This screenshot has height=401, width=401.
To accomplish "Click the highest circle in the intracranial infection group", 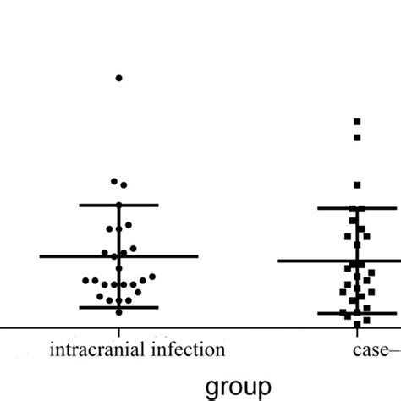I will [x=118, y=78].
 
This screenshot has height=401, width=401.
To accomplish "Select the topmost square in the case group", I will [x=357, y=122].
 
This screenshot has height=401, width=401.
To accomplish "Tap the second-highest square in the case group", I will [x=357, y=137].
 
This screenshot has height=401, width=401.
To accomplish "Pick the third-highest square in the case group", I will [x=357, y=184].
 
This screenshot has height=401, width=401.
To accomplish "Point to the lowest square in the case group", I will [x=357, y=323].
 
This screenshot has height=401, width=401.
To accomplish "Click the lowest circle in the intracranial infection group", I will [x=118, y=312].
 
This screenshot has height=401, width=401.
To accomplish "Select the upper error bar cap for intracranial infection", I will [x=118, y=205].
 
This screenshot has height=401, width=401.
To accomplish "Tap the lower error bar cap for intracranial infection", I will [x=118, y=307].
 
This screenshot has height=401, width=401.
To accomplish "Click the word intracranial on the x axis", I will [x=88, y=349].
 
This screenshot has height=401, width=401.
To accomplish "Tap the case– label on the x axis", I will [x=372, y=349].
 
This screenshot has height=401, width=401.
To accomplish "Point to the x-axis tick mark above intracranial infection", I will [x=118, y=332].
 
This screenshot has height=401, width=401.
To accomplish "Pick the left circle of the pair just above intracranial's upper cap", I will [x=114, y=181].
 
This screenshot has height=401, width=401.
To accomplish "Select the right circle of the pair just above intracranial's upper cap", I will [x=124, y=184].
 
